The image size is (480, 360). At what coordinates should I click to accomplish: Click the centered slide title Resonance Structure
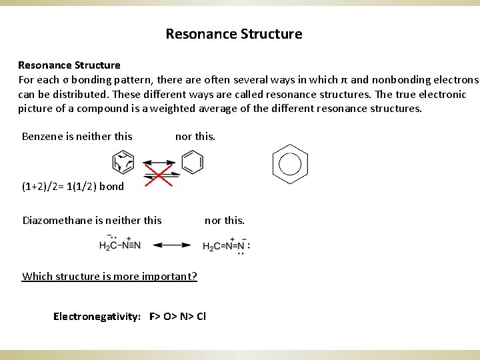coord(233,33)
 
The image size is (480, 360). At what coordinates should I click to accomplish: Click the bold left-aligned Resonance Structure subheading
coord(69,65)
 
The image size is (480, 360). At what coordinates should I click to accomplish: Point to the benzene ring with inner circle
coord(290,163)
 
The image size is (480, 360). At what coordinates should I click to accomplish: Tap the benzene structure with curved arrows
coord(123,162)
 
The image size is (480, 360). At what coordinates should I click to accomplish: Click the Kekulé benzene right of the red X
coord(192,162)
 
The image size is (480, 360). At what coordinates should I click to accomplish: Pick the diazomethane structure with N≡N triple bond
coord(120,245)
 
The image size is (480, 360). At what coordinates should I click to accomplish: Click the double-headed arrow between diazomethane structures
coord(172,245)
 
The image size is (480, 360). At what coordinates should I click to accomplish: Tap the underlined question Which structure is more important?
coord(109,276)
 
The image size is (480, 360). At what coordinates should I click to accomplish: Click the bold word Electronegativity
coord(96,316)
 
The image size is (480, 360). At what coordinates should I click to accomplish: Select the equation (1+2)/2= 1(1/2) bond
coord(73,186)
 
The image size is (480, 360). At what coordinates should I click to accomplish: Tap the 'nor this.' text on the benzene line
coord(195,136)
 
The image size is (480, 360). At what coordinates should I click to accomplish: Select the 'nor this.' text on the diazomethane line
coord(224,220)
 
